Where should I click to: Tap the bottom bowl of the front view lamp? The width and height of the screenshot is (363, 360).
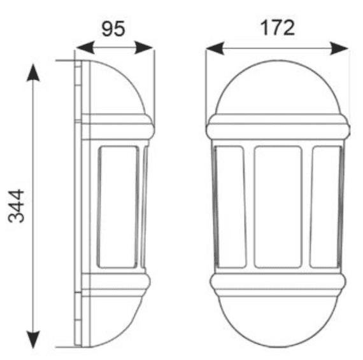point(277,321)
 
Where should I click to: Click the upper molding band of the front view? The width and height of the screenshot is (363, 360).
point(277,128)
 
